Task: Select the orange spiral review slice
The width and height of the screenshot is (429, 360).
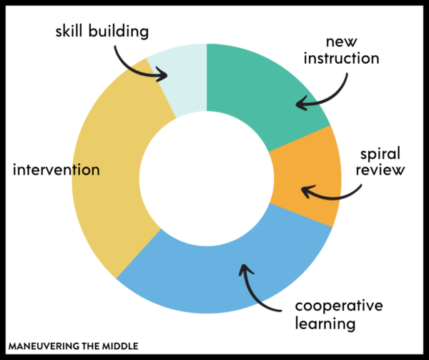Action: coord(307,175)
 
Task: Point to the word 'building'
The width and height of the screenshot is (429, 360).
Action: coord(119,31)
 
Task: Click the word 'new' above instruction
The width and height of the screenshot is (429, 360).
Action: coord(342,42)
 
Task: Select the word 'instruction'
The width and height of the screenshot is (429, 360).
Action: coord(342,58)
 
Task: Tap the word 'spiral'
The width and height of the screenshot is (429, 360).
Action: coord(380,154)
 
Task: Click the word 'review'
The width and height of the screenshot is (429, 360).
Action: coord(380,170)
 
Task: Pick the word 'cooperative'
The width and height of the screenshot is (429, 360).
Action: coord(339,306)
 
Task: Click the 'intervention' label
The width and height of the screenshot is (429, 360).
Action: coord(56,170)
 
